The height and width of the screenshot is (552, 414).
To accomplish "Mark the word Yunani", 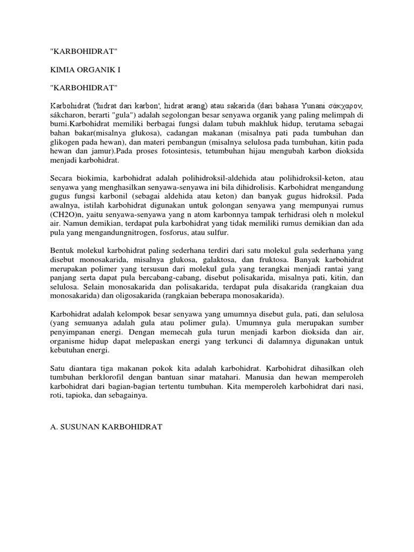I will [305, 104].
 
